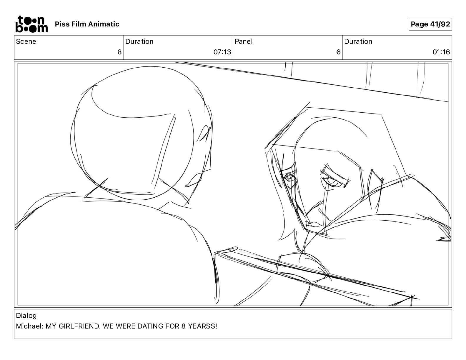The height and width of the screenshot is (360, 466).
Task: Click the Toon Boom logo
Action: coord(32,24)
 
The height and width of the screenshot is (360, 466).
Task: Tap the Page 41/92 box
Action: coord(430,24)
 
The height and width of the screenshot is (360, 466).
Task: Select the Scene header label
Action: coord(26,41)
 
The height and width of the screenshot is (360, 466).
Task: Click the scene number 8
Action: coord(119,52)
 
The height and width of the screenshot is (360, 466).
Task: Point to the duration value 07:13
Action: coord(222,52)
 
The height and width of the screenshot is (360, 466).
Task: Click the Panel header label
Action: coord(244,41)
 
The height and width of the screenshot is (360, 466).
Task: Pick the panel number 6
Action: coord(338,52)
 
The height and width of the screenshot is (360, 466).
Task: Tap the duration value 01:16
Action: coord(441,52)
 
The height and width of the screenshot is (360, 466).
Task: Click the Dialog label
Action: coord(26,316)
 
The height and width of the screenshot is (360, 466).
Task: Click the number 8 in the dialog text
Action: coord(183,326)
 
